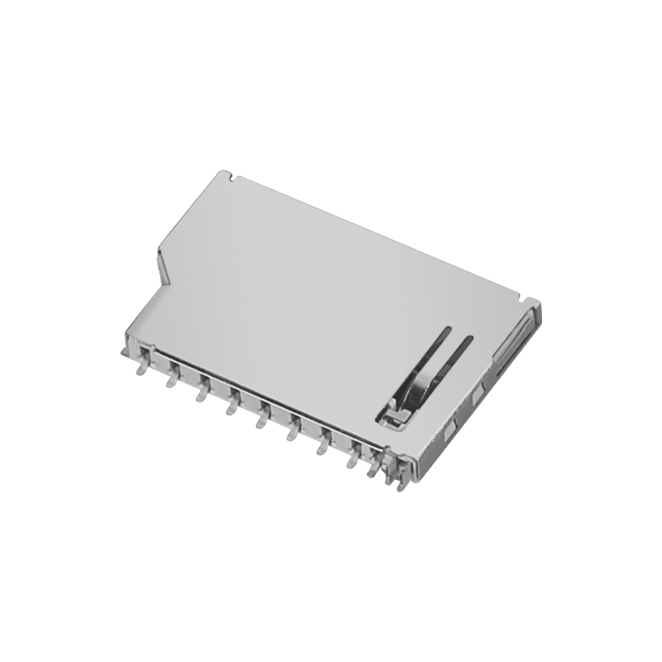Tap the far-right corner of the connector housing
536,306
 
